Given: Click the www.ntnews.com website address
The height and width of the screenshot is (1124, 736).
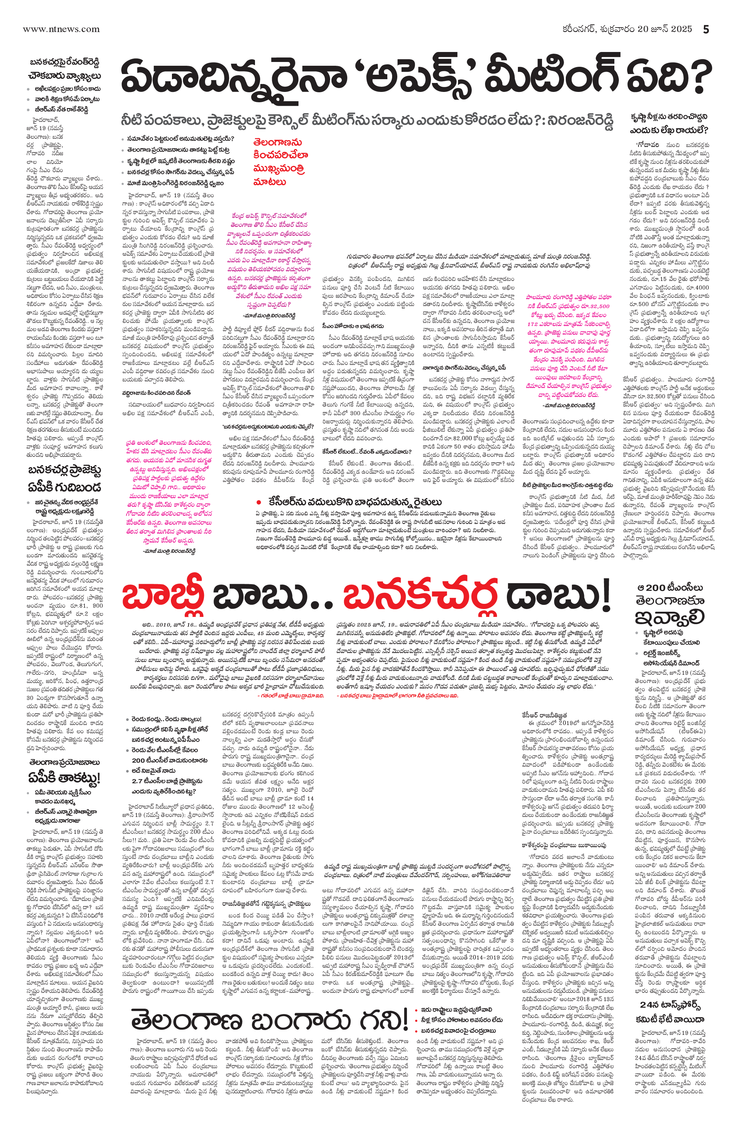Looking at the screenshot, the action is pyautogui.click(x=61, y=29).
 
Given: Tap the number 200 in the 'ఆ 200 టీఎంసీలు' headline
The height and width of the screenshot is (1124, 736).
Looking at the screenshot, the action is pyautogui.click(x=656, y=588).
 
